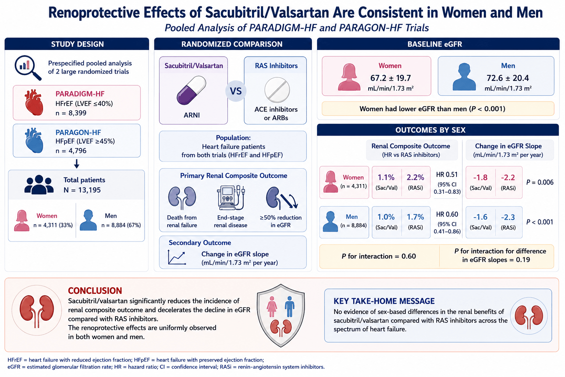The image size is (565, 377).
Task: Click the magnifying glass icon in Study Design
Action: (28, 68)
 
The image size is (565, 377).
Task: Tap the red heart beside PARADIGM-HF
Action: (34, 102)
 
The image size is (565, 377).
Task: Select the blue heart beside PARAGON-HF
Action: (34, 140)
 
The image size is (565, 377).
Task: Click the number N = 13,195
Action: (82, 190)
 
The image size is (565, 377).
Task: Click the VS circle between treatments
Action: (236, 91)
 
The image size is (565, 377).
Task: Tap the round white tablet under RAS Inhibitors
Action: (277, 90)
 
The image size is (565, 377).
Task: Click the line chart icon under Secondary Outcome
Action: (177, 257)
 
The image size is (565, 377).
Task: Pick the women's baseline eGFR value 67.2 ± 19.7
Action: (390, 78)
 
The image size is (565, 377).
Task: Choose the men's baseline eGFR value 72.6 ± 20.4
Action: (508, 78)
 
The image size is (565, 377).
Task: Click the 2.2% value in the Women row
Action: (415, 177)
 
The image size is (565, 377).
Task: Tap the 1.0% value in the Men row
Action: (386, 217)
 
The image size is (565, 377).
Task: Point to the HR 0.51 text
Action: (447, 175)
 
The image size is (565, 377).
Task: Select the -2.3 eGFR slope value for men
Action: (508, 217)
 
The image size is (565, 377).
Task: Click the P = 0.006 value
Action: (540, 182)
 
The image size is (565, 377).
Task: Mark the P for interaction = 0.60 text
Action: (379, 256)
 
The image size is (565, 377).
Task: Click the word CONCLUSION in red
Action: (95, 290)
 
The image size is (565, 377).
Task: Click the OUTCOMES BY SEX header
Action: (430, 130)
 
